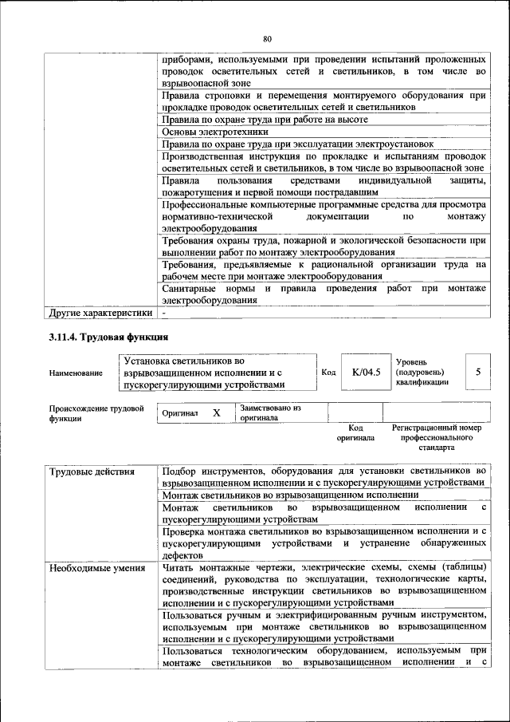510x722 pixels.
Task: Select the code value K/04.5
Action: [367, 372]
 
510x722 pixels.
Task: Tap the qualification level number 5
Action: [478, 372]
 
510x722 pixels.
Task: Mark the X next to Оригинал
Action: [216, 413]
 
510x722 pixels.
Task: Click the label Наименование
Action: [76, 373]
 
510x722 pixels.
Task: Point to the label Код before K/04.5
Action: [328, 372]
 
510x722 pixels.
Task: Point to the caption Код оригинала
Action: [355, 433]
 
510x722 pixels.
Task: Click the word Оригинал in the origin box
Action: [180, 413]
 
